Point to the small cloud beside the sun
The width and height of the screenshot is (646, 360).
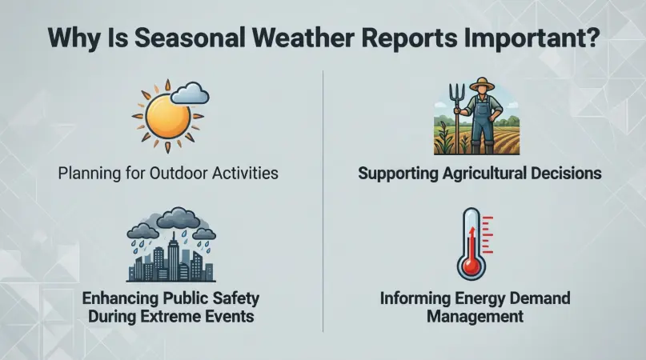[190, 94]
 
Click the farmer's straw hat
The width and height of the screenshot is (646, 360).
[482, 85]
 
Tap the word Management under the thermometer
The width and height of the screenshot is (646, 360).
[475, 317]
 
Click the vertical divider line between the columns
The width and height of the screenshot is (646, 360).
[323, 200]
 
